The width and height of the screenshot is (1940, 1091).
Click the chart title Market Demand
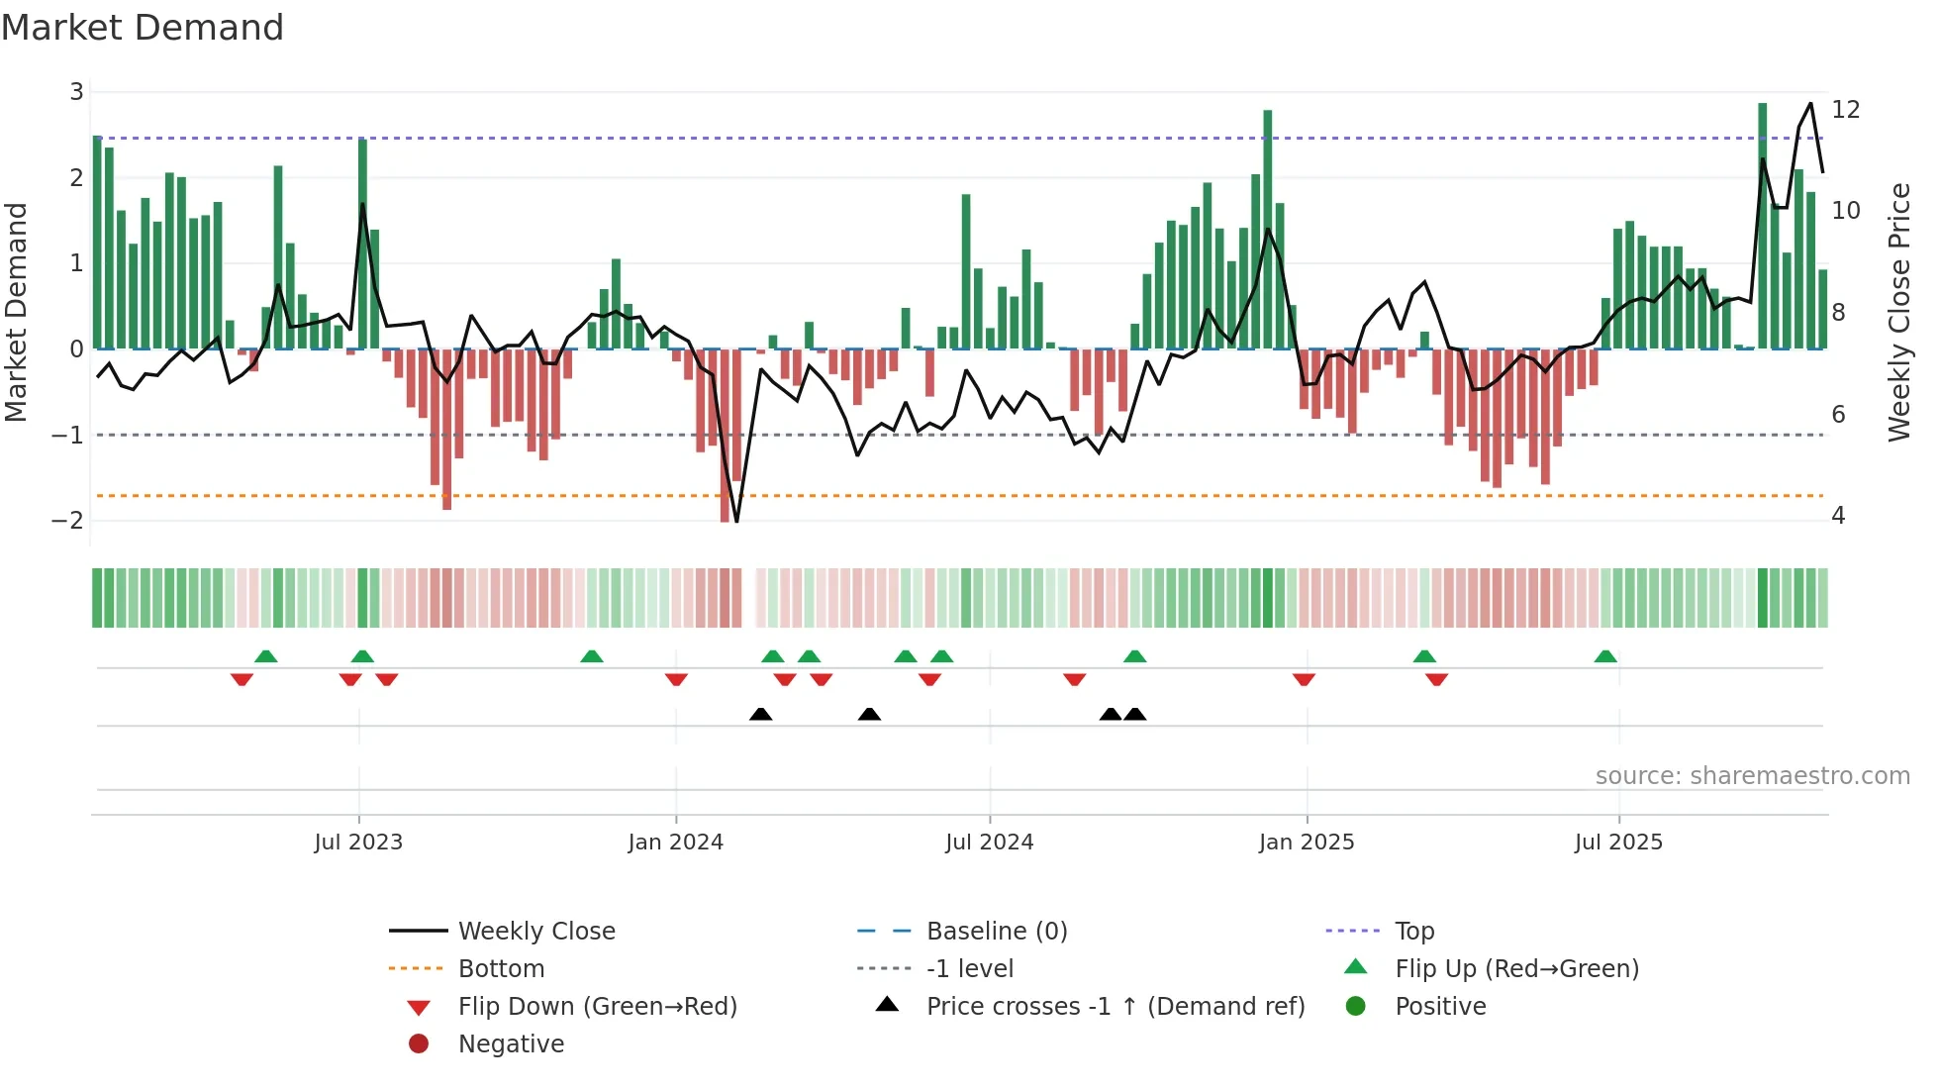[x=143, y=28]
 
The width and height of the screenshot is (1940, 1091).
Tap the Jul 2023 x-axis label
[x=358, y=843]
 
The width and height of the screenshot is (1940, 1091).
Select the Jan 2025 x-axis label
[x=1306, y=843]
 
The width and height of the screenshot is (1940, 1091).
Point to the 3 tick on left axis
[x=76, y=92]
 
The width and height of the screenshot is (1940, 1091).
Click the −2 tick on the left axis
[x=68, y=521]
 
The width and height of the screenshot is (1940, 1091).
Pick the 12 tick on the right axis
[x=1845, y=109]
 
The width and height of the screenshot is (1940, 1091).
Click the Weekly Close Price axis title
[x=1898, y=312]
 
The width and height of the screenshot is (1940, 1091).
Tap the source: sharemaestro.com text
[x=1752, y=776]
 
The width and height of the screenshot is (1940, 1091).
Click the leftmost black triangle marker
[x=760, y=714]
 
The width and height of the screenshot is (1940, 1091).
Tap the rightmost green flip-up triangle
[x=1605, y=656]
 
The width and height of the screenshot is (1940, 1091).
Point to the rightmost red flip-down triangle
[x=1437, y=679]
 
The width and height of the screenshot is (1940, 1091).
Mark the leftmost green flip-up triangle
[x=265, y=656]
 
